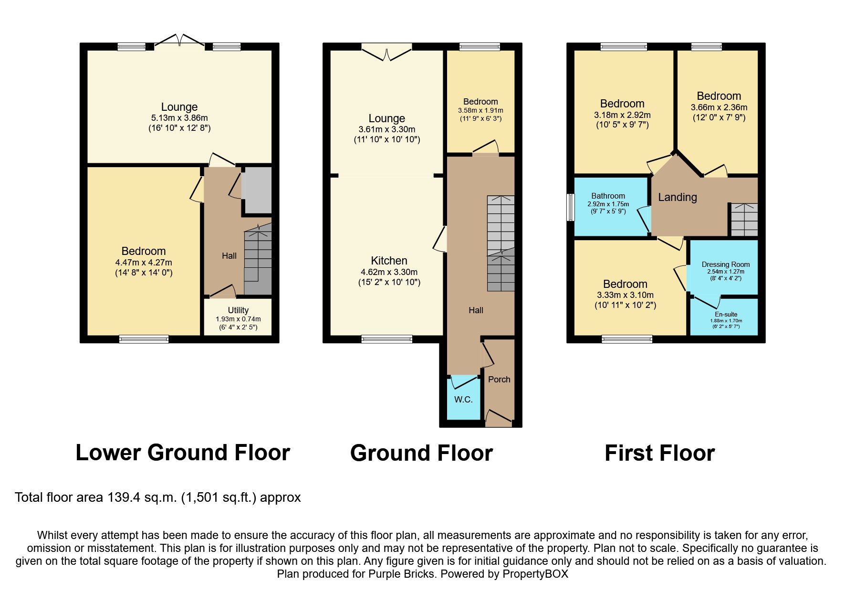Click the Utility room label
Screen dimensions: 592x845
click(x=238, y=310)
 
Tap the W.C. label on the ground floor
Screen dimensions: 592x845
click(x=463, y=400)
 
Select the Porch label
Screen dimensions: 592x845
click(x=499, y=380)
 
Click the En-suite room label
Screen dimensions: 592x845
click(x=726, y=315)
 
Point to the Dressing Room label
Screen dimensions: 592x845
click(x=725, y=264)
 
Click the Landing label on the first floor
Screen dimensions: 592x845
click(x=677, y=197)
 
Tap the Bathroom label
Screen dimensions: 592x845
click(x=608, y=196)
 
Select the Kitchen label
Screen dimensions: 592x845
click(x=389, y=261)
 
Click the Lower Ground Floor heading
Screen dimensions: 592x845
click(x=183, y=453)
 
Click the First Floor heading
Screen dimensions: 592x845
click(x=659, y=453)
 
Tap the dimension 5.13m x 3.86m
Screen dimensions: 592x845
click(x=179, y=118)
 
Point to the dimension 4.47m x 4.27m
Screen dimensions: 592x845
click(x=143, y=263)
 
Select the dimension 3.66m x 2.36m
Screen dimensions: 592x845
click(x=719, y=107)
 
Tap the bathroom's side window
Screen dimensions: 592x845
click(x=570, y=207)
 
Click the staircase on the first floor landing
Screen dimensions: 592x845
click(x=744, y=220)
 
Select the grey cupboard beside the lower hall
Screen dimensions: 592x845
click(x=258, y=190)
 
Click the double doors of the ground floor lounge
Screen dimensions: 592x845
click(x=386, y=53)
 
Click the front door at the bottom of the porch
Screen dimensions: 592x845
click(x=499, y=420)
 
